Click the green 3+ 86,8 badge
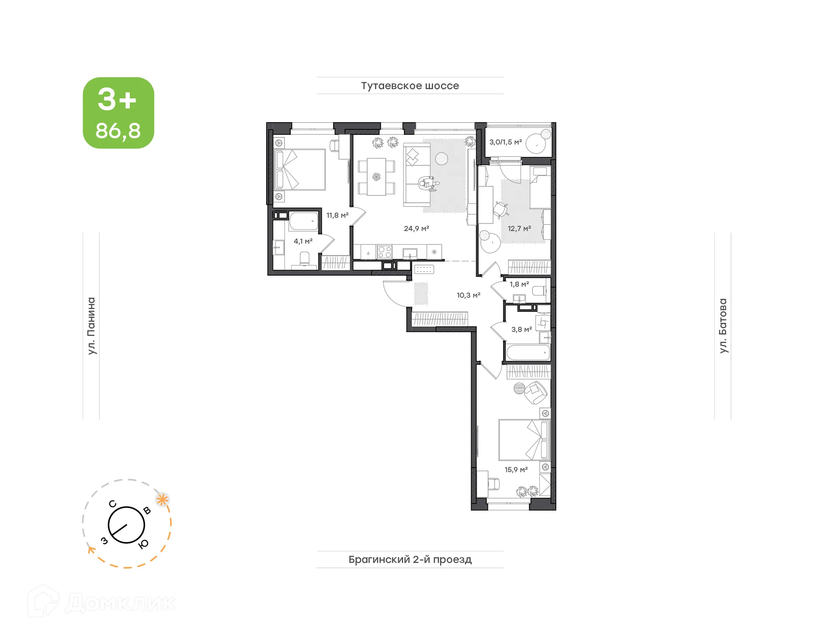(x=118, y=113)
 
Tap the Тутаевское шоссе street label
(x=410, y=86)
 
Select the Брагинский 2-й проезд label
(x=410, y=559)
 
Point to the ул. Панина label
(x=91, y=326)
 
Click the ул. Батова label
(x=723, y=326)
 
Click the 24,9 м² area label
(x=416, y=229)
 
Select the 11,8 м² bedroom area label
(x=337, y=215)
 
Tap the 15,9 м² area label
(x=516, y=470)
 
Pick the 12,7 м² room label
(x=519, y=229)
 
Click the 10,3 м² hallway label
(x=468, y=295)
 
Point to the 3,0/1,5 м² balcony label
(x=505, y=142)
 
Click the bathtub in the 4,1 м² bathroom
(x=303, y=221)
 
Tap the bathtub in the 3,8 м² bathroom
(x=528, y=352)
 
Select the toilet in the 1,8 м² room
(x=539, y=291)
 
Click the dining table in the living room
(x=376, y=176)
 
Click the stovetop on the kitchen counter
(x=385, y=252)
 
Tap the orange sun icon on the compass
(x=162, y=499)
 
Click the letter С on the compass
(x=112, y=504)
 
